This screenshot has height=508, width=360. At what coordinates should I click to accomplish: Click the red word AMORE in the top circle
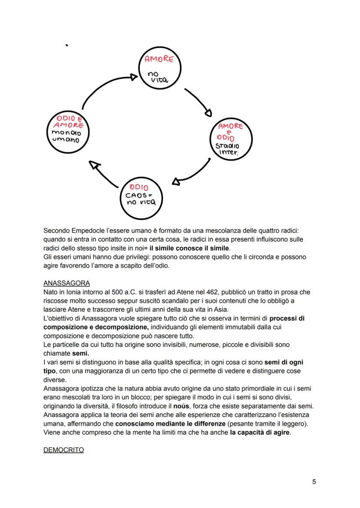pyautogui.click(x=159, y=60)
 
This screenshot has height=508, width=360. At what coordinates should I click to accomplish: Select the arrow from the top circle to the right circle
pyautogui.click(x=198, y=102)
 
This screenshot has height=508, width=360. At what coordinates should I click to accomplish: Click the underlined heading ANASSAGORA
pyautogui.click(x=67, y=283)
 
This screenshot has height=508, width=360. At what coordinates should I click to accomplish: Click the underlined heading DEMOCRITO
pyautogui.click(x=63, y=450)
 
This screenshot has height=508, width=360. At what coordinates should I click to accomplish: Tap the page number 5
pyautogui.click(x=314, y=481)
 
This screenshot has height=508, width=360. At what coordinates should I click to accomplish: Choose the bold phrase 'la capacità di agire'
pyautogui.click(x=260, y=433)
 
